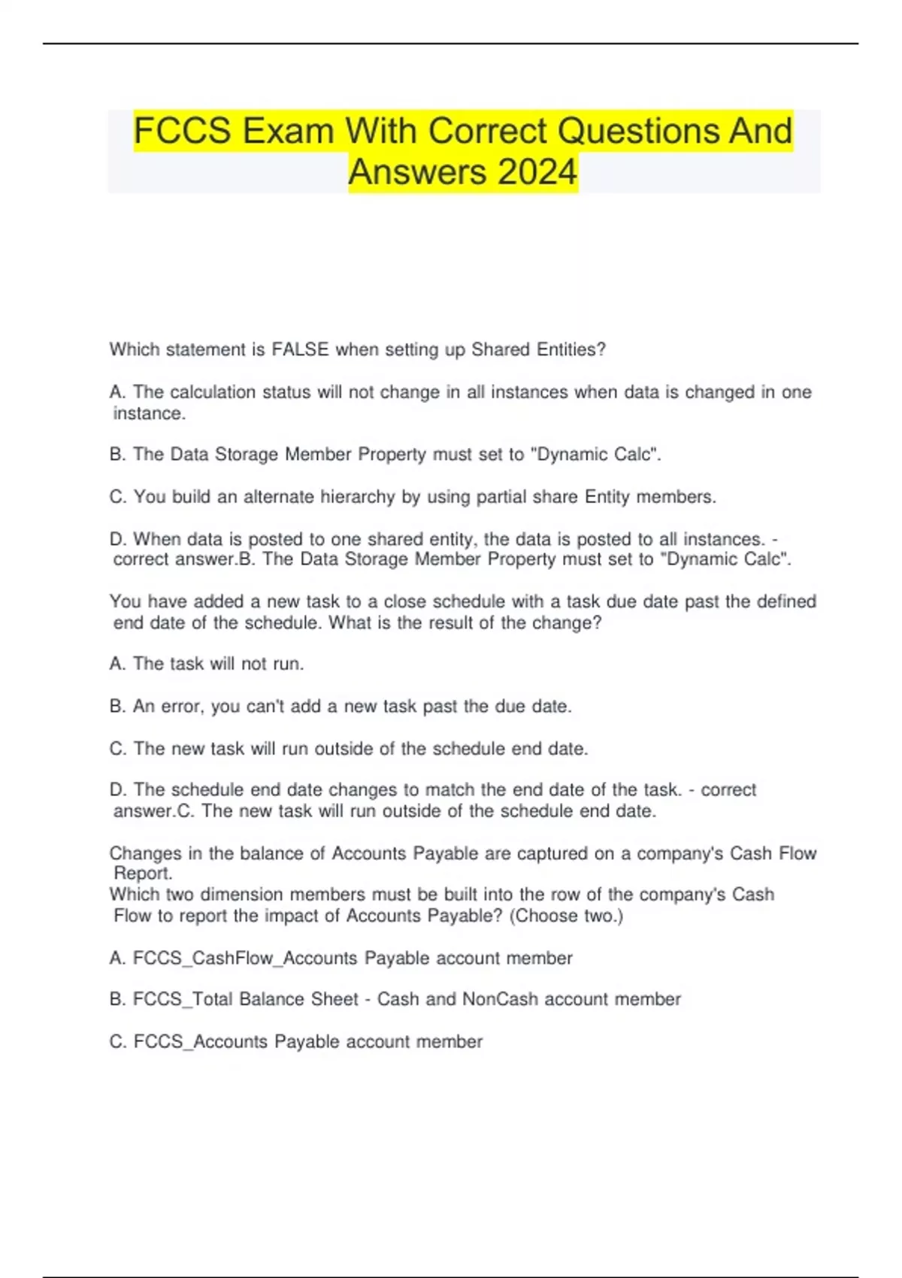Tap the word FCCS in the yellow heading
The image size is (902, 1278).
pyautogui.click(x=182, y=131)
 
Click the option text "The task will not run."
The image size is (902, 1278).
pyautogui.click(x=218, y=664)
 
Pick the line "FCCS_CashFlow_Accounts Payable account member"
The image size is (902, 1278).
pyautogui.click(x=341, y=958)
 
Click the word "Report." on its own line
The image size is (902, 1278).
pyautogui.click(x=143, y=874)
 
